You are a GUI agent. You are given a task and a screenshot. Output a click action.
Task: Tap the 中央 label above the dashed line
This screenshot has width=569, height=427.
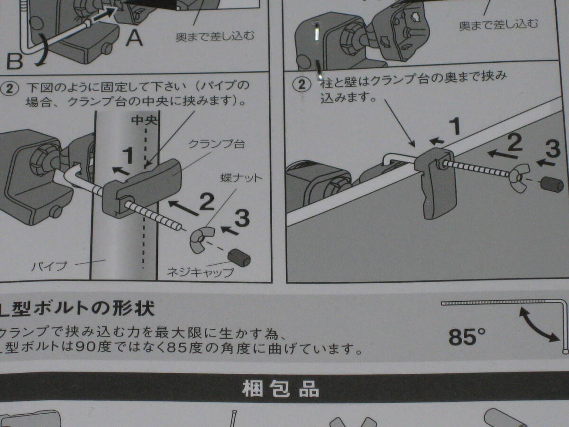click(144, 121)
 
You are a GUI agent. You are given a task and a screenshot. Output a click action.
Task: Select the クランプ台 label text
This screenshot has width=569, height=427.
click(216, 144)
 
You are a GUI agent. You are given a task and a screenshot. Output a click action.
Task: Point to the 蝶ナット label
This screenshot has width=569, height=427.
click(241, 178)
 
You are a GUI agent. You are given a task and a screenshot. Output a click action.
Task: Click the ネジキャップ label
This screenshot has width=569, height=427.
click(201, 272)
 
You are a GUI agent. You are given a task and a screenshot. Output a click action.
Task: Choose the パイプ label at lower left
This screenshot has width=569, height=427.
click(49, 266)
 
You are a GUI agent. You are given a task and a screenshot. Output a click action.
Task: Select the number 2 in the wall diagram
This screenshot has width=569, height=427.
click(515, 142)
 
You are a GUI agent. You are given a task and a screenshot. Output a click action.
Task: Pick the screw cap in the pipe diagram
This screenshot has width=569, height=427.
click(239, 257)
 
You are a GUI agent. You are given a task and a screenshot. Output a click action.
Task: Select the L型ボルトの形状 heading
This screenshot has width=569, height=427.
click(77, 308)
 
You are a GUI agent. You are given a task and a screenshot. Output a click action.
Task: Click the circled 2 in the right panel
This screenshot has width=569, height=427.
click(302, 84)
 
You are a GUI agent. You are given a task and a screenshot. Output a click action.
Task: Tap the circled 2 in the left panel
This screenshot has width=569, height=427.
click(9, 89)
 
